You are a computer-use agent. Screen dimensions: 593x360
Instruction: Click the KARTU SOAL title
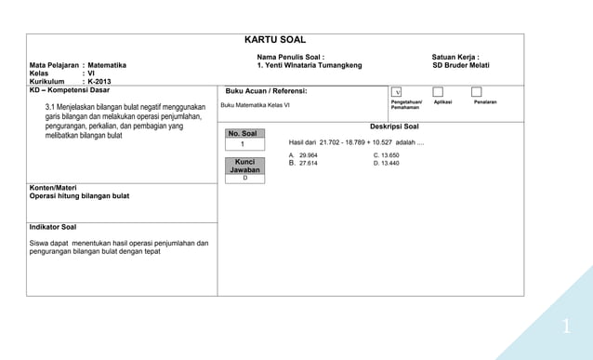coord(274,40)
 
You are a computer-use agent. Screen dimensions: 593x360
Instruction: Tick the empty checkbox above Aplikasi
coord(438,92)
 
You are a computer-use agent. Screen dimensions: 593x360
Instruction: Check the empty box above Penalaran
coord(477,92)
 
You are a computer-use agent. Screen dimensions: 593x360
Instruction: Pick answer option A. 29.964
coord(303,154)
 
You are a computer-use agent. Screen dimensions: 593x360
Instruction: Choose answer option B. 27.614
coord(303,163)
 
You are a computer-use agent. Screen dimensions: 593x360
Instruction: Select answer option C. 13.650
coord(386,154)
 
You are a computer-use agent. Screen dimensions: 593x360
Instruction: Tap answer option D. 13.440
coord(386,163)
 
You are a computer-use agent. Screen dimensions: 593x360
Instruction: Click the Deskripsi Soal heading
coord(394,126)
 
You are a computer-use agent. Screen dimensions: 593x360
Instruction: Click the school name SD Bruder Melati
coord(460,65)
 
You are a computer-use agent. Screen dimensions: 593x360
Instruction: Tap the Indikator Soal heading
coord(53,227)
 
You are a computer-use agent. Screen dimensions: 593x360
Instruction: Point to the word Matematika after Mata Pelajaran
coord(107,65)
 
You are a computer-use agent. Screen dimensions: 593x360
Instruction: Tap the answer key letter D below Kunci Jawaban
coord(245,178)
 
